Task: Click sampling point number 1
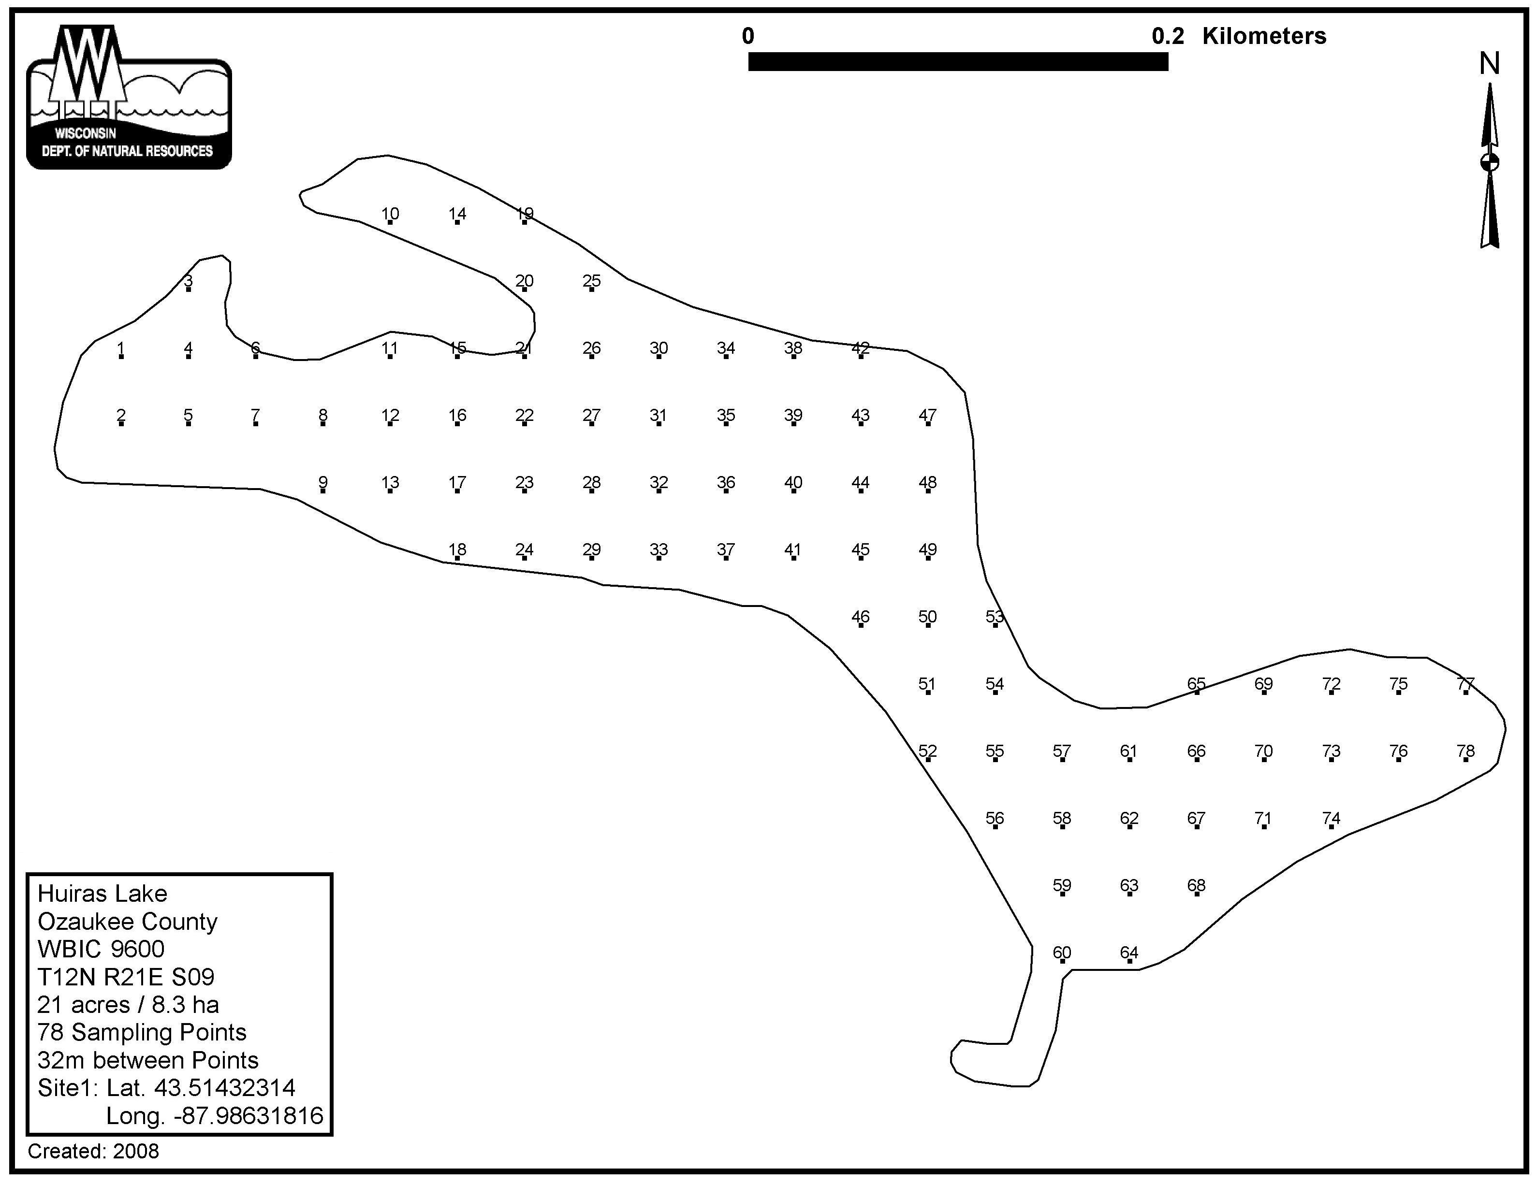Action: pos(121,357)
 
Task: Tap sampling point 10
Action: pos(390,222)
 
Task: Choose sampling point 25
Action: pos(591,289)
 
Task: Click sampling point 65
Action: pos(1196,692)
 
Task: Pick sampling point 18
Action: pos(457,558)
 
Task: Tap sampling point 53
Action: pos(995,625)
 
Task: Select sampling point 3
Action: pos(188,289)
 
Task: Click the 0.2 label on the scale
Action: pos(1168,36)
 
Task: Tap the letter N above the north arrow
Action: pos(1489,64)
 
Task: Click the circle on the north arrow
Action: pos(1489,162)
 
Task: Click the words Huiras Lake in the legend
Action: pos(102,894)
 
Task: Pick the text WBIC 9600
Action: pos(102,950)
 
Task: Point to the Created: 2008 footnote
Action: pos(94,1152)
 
